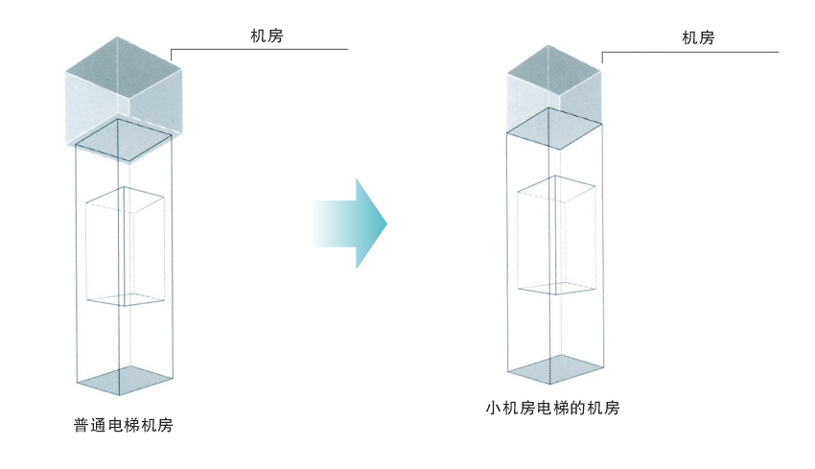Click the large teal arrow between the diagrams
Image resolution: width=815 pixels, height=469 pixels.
click(x=349, y=223)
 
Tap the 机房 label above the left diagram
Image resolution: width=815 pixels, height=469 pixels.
click(x=267, y=35)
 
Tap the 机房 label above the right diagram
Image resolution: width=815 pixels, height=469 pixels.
click(x=698, y=38)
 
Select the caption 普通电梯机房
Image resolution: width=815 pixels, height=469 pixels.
click(x=123, y=425)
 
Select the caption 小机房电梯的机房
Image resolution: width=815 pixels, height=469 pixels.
click(x=552, y=408)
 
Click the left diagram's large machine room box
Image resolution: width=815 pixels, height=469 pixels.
click(x=124, y=99)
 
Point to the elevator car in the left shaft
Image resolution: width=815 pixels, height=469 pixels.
click(x=125, y=246)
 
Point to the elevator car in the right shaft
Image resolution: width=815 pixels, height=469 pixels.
click(x=556, y=235)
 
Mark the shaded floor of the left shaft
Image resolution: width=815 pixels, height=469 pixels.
click(x=125, y=380)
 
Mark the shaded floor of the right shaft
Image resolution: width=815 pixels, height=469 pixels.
click(x=555, y=369)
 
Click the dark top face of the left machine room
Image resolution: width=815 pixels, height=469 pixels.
click(x=123, y=65)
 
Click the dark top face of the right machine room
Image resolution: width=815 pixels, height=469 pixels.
click(x=554, y=70)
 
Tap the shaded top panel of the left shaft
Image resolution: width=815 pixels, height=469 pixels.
click(x=124, y=139)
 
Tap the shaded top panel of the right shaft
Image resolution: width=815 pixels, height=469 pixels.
click(x=554, y=129)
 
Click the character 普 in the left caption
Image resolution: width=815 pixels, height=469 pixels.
click(x=81, y=425)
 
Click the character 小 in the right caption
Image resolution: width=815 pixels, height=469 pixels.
click(x=494, y=408)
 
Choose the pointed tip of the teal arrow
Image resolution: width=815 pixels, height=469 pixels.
click(x=387, y=223)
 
